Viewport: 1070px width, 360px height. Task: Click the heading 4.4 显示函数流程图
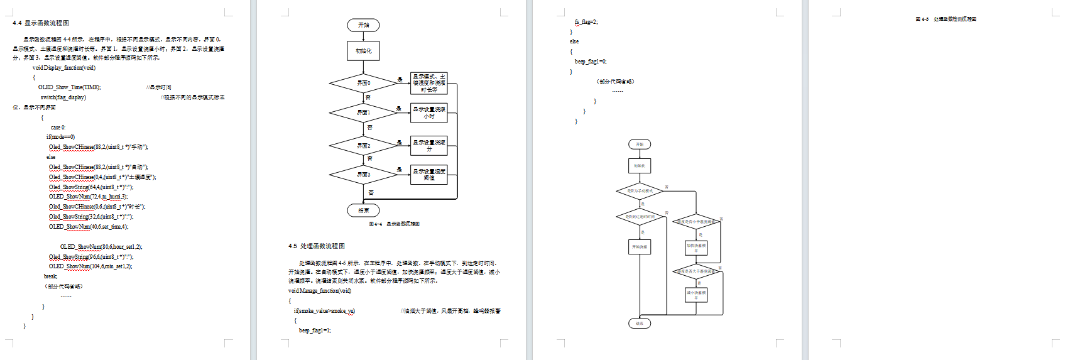tap(41, 23)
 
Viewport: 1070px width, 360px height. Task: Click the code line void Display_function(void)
tap(63, 67)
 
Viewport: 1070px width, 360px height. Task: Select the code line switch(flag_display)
tap(63, 97)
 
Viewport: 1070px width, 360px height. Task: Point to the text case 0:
tap(58, 128)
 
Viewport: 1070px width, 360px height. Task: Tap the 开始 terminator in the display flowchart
tap(363, 25)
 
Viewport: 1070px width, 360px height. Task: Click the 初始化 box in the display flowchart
tap(363, 51)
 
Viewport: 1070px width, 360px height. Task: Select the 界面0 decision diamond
tap(363, 83)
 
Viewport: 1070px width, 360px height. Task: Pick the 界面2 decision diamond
tap(363, 146)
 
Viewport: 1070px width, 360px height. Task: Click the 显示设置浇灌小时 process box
tap(429, 112)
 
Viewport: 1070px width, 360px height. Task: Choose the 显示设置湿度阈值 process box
tap(429, 174)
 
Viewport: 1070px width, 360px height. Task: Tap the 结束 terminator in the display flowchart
tap(363, 210)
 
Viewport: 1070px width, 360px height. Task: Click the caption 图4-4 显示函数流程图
tap(394, 224)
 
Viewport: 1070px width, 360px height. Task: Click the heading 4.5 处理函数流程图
tap(317, 246)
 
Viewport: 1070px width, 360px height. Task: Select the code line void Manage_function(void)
tap(320, 291)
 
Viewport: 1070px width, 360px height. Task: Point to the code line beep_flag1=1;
tap(315, 330)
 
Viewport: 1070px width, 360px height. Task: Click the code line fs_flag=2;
tap(586, 22)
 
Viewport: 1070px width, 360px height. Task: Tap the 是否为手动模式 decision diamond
tap(640, 190)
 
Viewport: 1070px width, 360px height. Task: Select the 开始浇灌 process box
tap(640, 247)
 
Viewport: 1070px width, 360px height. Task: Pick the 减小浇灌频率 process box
tap(696, 294)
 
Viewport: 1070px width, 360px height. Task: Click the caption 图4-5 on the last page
tap(946, 19)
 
